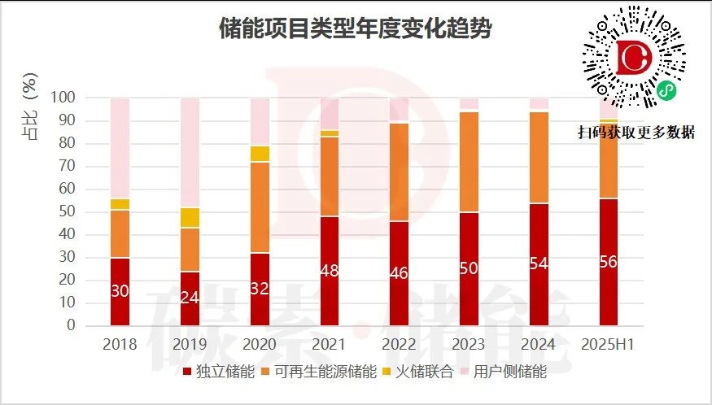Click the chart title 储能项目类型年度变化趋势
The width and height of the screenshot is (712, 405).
(x=356, y=29)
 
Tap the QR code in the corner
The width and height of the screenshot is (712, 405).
(x=636, y=62)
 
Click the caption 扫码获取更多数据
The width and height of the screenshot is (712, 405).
(x=636, y=133)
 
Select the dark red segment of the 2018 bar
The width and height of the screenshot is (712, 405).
(x=120, y=291)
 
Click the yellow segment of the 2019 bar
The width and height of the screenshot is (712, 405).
(x=190, y=217)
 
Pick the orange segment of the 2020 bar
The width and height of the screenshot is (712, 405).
(x=260, y=207)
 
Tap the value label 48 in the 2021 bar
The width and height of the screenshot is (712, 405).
(x=330, y=272)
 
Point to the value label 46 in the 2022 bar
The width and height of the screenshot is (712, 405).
(x=400, y=272)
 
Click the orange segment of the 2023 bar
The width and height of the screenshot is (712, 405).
(x=470, y=162)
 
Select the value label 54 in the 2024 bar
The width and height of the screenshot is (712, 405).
(x=539, y=265)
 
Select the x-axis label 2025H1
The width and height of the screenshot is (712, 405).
(x=609, y=344)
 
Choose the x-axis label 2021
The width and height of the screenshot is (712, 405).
(x=330, y=344)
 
